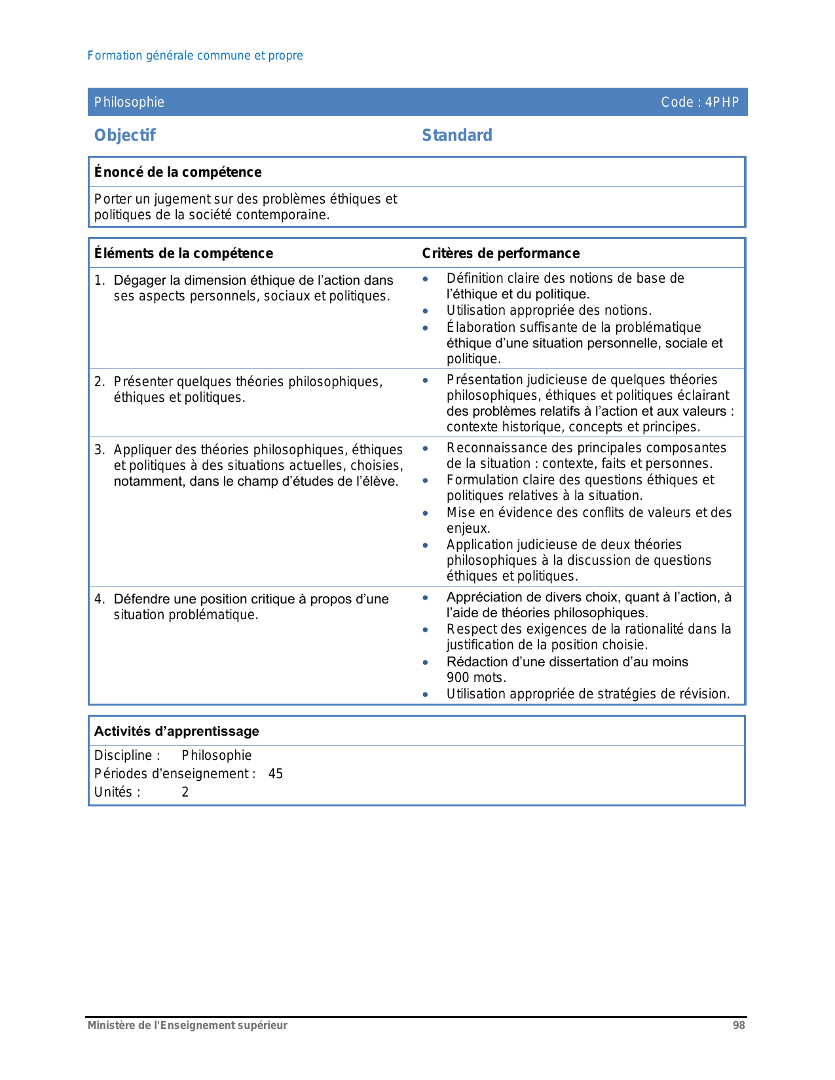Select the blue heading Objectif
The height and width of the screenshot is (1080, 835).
[125, 135]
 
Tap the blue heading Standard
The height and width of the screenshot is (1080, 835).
[457, 135]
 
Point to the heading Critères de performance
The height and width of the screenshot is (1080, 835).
[501, 253]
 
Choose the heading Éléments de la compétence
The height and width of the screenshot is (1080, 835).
[183, 253]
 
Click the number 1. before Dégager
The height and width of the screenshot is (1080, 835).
[99, 280]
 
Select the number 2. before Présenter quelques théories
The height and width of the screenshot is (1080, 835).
[99, 382]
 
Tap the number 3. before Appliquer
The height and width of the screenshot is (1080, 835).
[99, 450]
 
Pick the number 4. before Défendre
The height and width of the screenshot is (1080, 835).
[99, 599]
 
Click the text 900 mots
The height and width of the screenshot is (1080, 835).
[476, 677]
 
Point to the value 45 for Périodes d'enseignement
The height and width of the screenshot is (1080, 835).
[276, 774]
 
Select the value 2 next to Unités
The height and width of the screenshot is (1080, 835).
[185, 792]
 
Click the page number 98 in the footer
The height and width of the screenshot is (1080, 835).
[739, 1026]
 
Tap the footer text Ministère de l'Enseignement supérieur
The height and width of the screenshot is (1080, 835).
[187, 1026]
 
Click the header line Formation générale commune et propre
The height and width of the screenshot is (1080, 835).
[195, 56]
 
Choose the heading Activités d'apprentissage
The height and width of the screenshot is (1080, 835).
[177, 731]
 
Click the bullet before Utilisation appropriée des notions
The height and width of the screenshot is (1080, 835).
[426, 311]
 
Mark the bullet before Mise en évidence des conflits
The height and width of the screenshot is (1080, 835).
[426, 513]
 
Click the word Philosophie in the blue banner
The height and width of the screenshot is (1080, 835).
[129, 102]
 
